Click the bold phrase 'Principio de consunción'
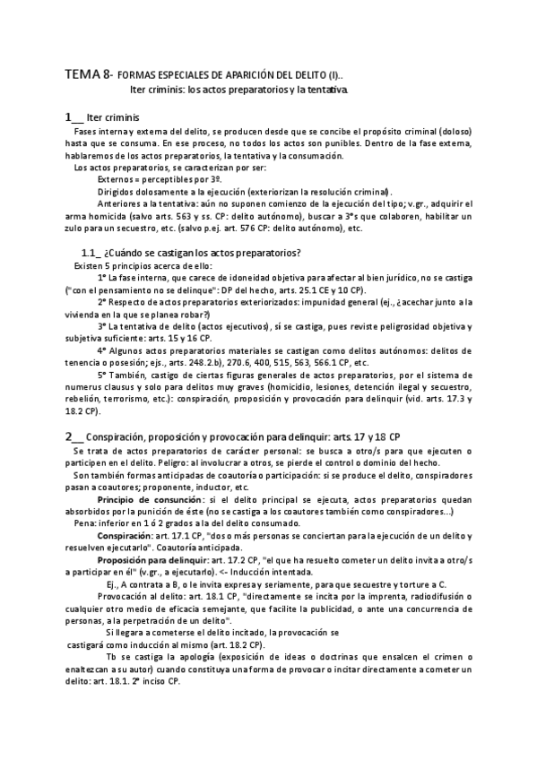(x=150, y=497)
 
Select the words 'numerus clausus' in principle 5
(x=99, y=384)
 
